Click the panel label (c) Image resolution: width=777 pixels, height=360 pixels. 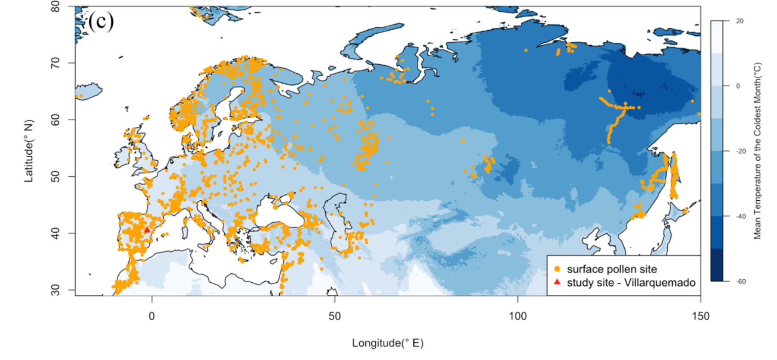coord(101,21)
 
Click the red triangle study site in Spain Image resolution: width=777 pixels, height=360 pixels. coord(147,230)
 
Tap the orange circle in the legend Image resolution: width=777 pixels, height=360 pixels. coord(557,269)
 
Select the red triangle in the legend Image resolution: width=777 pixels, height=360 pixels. coord(557,282)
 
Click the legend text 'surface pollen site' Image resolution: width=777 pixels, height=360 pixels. coord(611,269)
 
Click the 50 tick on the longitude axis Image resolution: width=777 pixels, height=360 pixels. coord(334,316)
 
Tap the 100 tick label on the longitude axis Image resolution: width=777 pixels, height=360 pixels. coord(517,316)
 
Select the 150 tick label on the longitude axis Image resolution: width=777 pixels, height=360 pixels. coord(700,316)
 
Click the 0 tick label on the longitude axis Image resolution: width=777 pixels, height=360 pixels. coord(151,316)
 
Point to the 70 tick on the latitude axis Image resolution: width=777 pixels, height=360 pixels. coord(55,63)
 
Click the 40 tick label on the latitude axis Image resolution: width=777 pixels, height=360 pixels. coord(55,233)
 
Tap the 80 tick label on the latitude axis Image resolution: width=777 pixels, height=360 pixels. coord(55,6)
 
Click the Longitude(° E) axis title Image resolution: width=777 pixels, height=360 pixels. coord(387,343)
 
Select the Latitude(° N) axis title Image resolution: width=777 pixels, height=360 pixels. coord(28,151)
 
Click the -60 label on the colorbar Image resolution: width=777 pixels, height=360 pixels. coord(741,281)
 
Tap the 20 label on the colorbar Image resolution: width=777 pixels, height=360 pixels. coord(739,21)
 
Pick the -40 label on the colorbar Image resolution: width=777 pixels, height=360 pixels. coord(741,216)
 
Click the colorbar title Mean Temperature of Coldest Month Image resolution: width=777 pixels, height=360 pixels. coord(758,151)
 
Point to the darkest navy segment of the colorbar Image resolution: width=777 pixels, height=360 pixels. coord(717,265)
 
